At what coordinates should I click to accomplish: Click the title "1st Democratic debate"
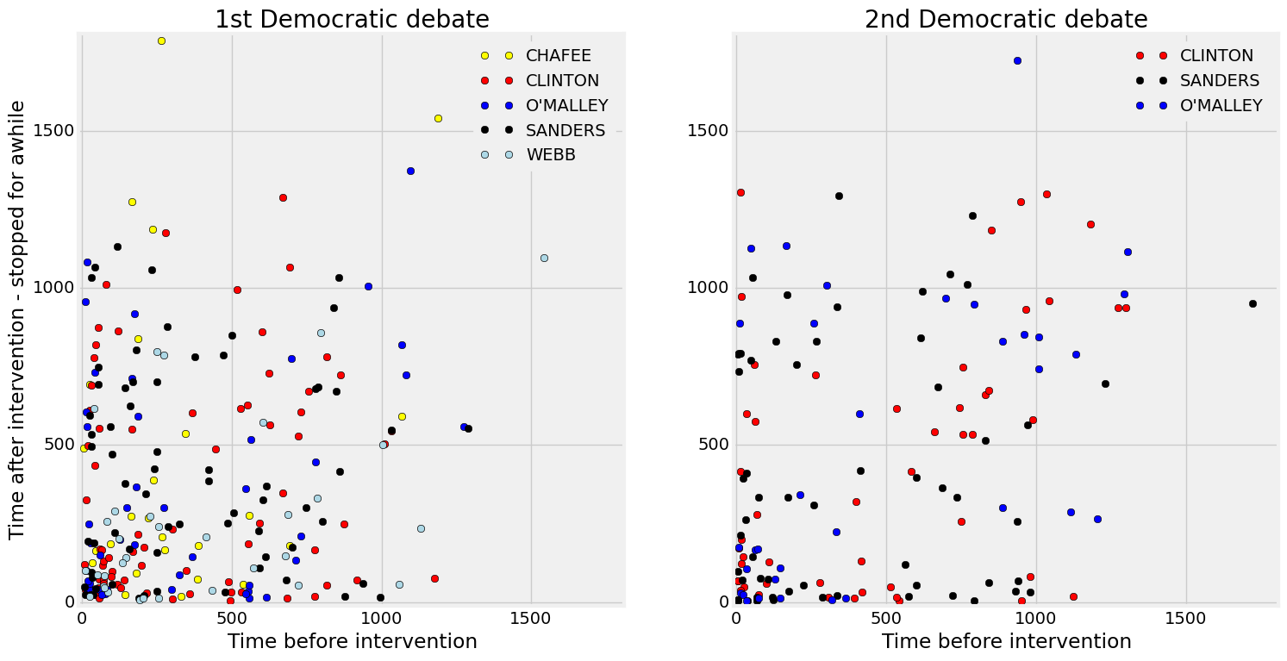[x=352, y=19]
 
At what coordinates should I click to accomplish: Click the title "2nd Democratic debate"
[x=1006, y=19]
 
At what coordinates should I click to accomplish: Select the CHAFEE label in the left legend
[x=559, y=56]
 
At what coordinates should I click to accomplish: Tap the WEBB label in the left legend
[x=551, y=156]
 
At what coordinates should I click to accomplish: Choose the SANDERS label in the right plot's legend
[x=1220, y=81]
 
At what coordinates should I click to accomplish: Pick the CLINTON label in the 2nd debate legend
[x=1216, y=56]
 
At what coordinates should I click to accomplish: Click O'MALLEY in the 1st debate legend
[x=567, y=106]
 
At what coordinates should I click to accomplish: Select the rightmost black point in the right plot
[x=1253, y=303]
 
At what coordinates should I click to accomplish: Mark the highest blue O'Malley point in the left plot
[x=410, y=171]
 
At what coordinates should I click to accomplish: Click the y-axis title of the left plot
[x=17, y=320]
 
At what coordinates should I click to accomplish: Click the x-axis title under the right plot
[x=1006, y=642]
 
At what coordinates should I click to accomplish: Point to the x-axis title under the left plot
[x=352, y=642]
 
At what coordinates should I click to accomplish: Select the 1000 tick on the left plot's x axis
[x=382, y=618]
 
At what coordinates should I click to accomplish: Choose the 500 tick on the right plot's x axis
[x=886, y=618]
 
